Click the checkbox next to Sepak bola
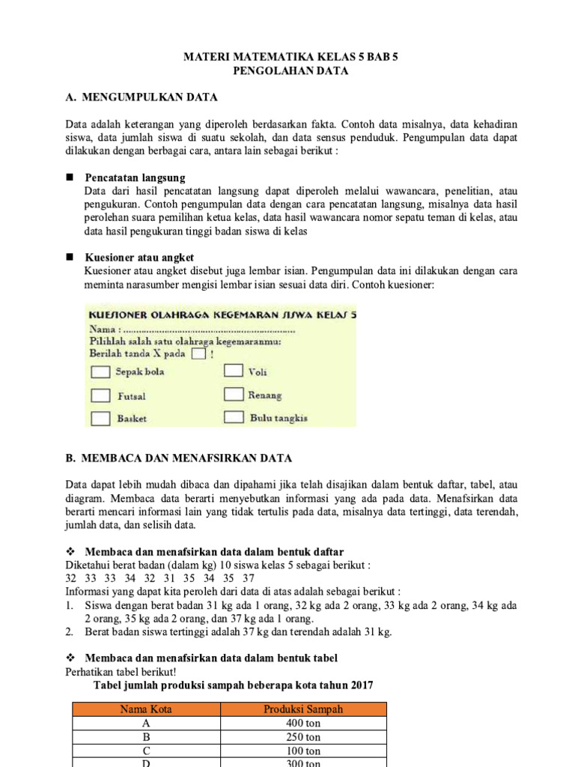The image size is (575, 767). coord(100,372)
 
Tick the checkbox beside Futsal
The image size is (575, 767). coord(100,395)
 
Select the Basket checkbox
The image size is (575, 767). coord(100,419)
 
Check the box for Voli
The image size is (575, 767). coord(234,370)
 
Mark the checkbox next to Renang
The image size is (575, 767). coord(234,394)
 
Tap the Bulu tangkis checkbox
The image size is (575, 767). coord(234,417)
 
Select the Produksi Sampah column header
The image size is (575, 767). coord(304,709)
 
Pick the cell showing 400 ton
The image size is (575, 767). coord(304,724)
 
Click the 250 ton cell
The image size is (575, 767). coord(304,737)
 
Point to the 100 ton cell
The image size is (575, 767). coord(304,751)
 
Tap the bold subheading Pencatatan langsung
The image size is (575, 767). coord(135,178)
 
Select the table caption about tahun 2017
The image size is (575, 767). coord(231,685)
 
